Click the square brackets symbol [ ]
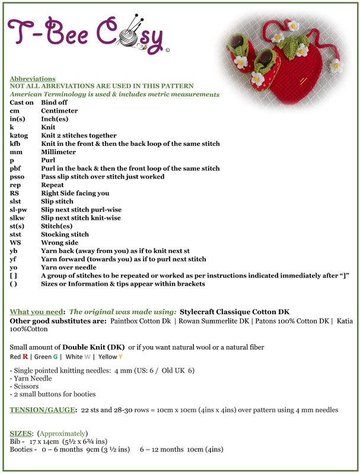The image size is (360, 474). click(x=14, y=276)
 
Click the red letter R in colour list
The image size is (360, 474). click(x=26, y=357)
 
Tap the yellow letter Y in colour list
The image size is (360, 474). click(x=120, y=357)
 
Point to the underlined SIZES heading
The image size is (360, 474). click(x=22, y=433)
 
